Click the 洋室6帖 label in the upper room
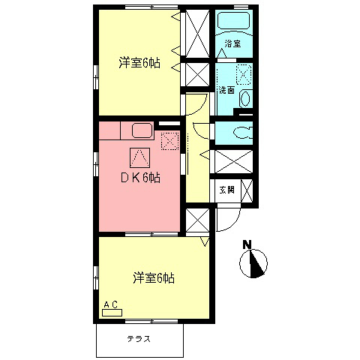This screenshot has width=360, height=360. pos(139,63)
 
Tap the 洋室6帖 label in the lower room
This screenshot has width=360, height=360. pos(154,277)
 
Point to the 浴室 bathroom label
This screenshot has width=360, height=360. pos(233,44)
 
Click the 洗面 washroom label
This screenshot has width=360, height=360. pos(226,90)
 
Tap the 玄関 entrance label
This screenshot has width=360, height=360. pos(226,189)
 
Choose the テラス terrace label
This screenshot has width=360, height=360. pos(139,339)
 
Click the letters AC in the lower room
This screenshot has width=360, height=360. pos(110,304)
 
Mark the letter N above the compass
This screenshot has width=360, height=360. pos(247,244)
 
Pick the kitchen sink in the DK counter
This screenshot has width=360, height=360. pos(142,130)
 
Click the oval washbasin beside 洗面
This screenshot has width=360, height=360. pos(244,98)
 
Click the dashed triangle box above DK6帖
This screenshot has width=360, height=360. pos(139,156)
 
